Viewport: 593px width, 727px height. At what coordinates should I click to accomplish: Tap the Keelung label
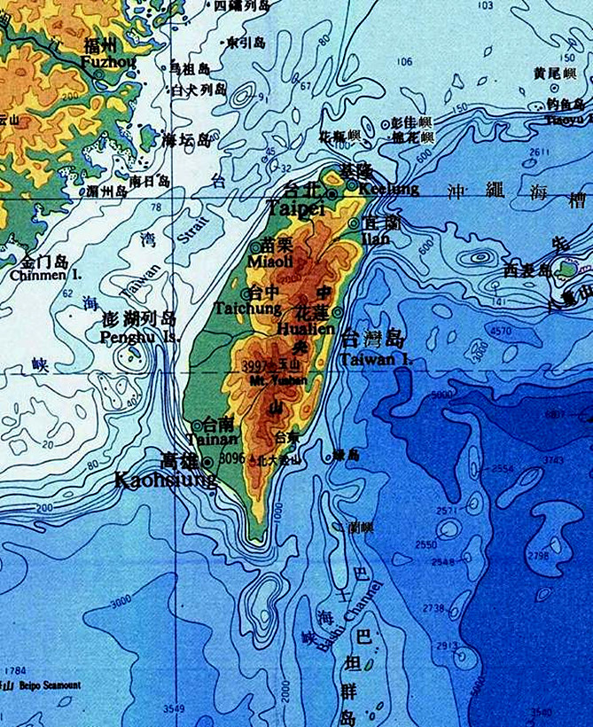tap(390, 189)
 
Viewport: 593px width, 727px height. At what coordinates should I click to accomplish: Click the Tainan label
tap(213, 439)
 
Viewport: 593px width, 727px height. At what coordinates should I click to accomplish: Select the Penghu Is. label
tap(139, 337)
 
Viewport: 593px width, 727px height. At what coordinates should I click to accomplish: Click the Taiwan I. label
tap(377, 359)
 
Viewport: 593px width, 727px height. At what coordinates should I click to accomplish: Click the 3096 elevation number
tap(231, 458)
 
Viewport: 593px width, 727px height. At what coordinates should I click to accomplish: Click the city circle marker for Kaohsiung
tap(207, 462)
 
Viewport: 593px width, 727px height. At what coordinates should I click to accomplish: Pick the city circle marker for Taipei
tap(332, 193)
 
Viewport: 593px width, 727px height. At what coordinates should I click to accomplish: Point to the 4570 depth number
tap(501, 331)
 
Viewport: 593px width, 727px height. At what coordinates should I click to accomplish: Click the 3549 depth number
tap(174, 708)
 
